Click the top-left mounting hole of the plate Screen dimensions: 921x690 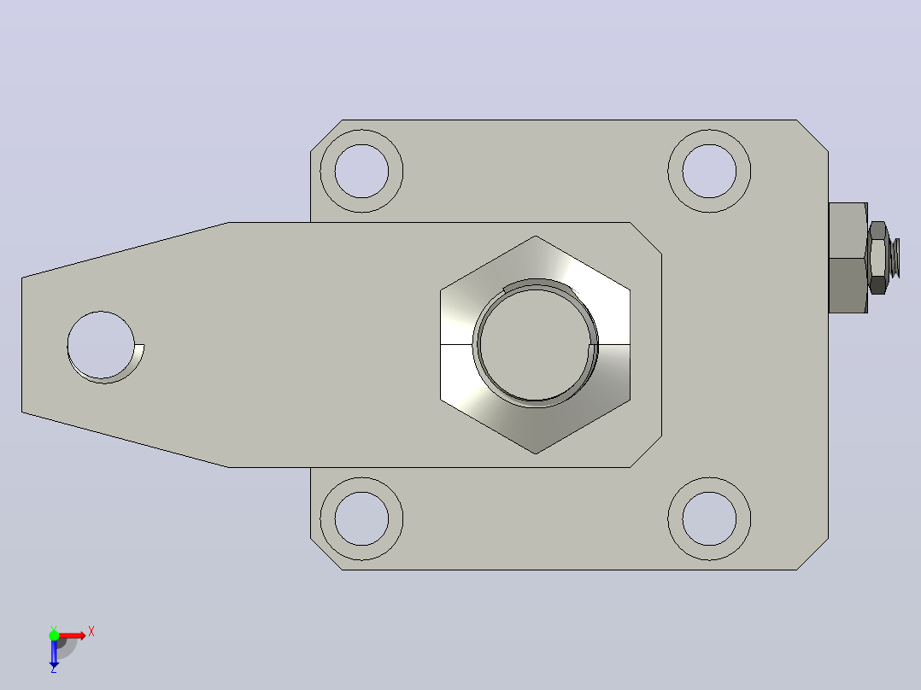click(x=362, y=171)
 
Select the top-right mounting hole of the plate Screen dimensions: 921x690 click(x=709, y=171)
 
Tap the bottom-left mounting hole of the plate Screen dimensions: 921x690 click(x=362, y=519)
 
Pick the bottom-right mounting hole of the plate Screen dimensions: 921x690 click(x=709, y=519)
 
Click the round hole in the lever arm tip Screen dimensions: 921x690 click(x=101, y=345)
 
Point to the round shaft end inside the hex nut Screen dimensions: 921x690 click(x=535, y=343)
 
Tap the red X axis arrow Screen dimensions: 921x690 click(x=73, y=635)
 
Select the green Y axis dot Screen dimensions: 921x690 click(x=54, y=635)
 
